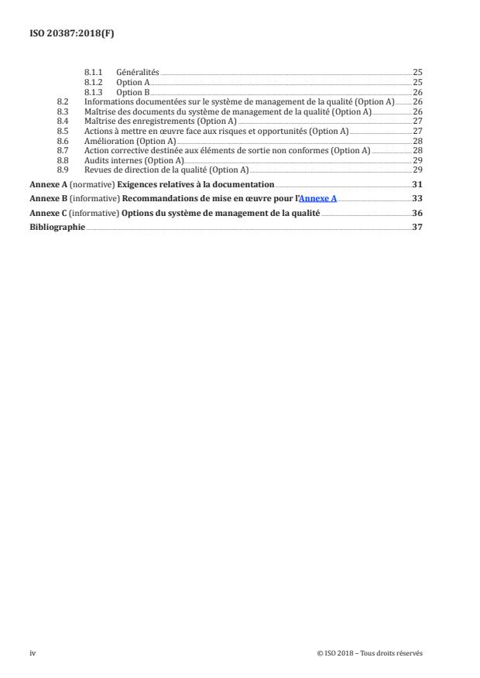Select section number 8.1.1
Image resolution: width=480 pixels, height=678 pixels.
[x=94, y=73]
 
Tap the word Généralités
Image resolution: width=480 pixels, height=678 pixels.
[x=138, y=73]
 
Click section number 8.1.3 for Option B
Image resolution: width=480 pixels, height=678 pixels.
[x=94, y=92]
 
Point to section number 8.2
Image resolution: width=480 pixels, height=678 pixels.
[x=63, y=102]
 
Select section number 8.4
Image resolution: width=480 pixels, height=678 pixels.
[x=63, y=122]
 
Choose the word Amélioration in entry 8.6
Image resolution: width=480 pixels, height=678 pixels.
[x=108, y=141]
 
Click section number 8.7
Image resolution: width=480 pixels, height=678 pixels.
[x=63, y=150]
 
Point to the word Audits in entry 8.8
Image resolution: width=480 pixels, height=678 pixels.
[x=96, y=160]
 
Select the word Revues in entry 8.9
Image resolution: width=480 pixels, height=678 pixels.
[x=98, y=169]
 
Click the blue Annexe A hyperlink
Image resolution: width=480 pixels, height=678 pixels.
[x=317, y=199]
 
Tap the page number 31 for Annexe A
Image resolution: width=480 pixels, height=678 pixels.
[x=417, y=184]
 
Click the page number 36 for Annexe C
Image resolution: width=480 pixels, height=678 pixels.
[x=417, y=213]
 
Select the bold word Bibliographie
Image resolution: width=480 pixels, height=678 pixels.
[x=57, y=228]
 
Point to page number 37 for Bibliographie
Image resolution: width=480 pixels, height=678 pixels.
[x=417, y=228]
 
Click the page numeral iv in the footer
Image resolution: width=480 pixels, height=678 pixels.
[x=33, y=653]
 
